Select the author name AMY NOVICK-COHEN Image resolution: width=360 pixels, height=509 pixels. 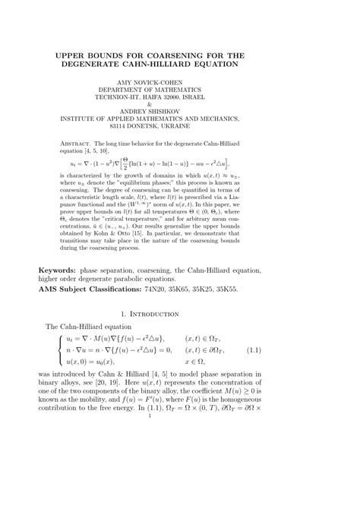point(181,81)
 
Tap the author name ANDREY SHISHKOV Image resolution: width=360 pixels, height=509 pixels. point(181,111)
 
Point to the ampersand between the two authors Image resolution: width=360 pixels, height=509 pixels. point(181,103)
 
